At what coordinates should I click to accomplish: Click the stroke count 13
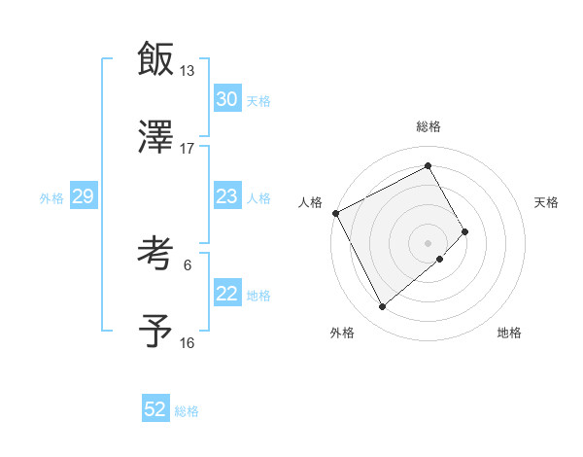click(187, 71)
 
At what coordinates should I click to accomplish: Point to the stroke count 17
click(187, 148)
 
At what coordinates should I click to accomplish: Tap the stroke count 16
click(187, 342)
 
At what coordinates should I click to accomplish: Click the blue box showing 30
click(227, 99)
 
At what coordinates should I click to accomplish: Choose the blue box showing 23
click(227, 196)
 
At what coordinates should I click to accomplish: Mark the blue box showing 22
click(227, 294)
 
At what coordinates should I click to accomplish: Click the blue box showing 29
click(83, 196)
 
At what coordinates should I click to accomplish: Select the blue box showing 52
click(155, 409)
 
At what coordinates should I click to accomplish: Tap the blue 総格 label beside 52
click(187, 411)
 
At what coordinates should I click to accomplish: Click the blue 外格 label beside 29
click(51, 197)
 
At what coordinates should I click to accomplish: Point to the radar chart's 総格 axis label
click(428, 126)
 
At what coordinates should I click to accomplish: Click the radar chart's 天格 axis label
click(547, 202)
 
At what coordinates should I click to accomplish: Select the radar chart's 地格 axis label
click(509, 333)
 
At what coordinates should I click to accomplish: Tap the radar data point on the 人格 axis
click(336, 213)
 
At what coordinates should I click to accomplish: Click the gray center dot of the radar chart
click(428, 241)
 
